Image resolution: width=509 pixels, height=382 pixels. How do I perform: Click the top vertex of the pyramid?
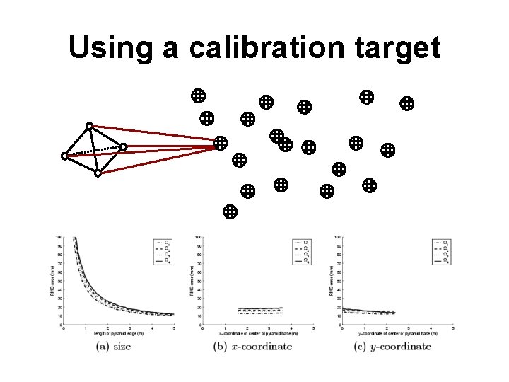[x=89, y=127]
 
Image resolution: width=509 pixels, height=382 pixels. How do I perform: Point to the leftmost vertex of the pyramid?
[x=64, y=156]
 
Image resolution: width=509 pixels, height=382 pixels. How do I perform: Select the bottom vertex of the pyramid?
[x=98, y=173]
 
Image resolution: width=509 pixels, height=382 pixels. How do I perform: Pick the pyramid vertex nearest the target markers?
[x=123, y=147]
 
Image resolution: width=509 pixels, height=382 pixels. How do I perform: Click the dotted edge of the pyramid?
[x=93, y=151]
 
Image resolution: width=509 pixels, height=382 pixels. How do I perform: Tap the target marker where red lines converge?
[x=221, y=144]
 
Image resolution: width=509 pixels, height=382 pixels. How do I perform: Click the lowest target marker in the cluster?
[x=229, y=211]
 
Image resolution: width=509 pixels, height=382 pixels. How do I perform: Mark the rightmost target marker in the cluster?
[x=406, y=103]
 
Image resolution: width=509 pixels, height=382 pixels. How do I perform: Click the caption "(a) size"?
[x=114, y=347]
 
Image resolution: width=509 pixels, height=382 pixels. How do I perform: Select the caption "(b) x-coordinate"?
[x=252, y=347]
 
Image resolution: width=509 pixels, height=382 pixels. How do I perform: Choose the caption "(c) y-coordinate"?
[x=392, y=347]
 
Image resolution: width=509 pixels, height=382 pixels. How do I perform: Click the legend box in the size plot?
[x=163, y=251]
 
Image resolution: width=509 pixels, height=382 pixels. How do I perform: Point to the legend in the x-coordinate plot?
[x=302, y=251]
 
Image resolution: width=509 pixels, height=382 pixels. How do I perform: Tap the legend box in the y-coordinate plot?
[x=441, y=251]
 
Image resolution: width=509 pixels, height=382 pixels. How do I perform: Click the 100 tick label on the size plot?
[x=59, y=237]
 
